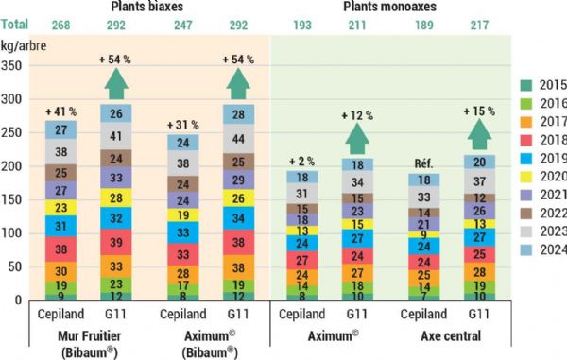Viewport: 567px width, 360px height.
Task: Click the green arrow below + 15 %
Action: (x=477, y=139)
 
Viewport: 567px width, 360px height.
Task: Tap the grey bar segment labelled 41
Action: (x=116, y=136)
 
